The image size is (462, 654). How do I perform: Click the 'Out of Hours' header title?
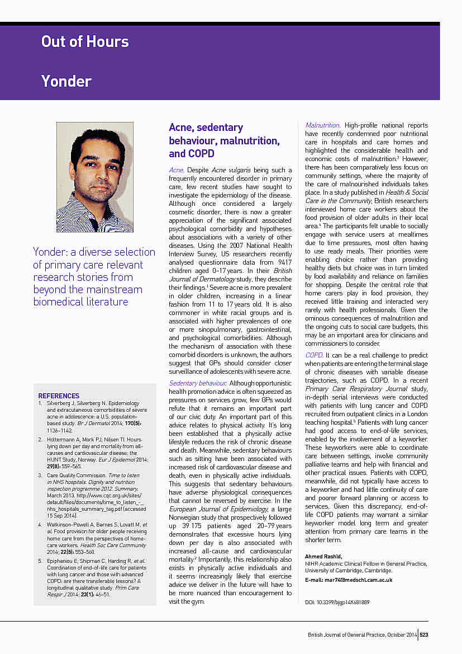[85, 41]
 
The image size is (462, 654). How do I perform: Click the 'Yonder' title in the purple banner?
[66, 81]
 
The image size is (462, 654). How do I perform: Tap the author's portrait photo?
[94, 177]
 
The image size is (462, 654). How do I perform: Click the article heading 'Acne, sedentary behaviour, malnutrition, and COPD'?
[224, 140]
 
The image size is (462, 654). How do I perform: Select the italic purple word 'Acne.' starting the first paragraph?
[177, 170]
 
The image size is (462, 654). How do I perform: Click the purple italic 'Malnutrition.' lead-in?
[322, 125]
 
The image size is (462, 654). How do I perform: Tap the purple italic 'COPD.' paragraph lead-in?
[313, 355]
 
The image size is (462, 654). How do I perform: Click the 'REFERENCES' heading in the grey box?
[59, 396]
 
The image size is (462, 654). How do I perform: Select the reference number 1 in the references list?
[40, 403]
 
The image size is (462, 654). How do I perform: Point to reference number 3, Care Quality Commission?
[40, 476]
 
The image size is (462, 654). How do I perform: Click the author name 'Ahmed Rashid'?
[323, 556]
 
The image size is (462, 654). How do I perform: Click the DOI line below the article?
[337, 602]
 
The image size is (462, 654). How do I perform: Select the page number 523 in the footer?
[424, 634]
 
